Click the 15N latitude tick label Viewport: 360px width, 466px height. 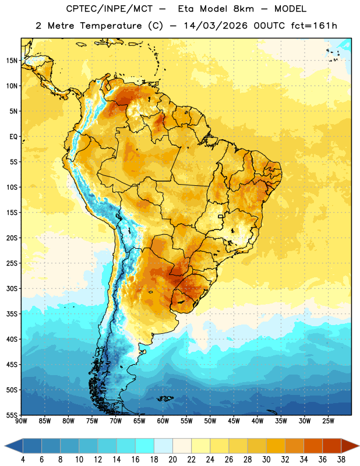tap(12, 61)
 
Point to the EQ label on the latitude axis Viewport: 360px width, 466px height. tap(13, 137)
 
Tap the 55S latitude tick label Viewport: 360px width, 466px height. tap(12, 415)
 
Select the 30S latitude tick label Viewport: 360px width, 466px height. tap(12, 288)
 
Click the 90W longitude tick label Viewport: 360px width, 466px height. tap(22, 421)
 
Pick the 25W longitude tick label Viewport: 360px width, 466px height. tap(328, 421)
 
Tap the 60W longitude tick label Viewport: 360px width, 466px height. tap(163, 421)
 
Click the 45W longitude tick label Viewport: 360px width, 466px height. tap(234, 421)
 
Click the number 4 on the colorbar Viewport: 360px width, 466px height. tap(23, 460)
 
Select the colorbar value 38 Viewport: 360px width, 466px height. tap(341, 460)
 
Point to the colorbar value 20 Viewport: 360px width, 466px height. tap(172, 460)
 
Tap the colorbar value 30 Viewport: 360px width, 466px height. tap(266, 460)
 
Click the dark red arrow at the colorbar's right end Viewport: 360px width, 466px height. tap(350, 446)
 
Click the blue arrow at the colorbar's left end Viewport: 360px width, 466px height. tap(14, 446)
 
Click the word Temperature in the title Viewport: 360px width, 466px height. tap(111, 26)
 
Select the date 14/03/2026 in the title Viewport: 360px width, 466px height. tap(215, 26)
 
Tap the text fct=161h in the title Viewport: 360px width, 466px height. tap(314, 26)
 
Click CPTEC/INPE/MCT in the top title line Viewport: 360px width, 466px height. tap(110, 9)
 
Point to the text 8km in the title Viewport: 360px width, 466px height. tap(243, 9)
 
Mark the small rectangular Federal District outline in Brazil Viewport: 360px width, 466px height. tap(221, 216)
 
